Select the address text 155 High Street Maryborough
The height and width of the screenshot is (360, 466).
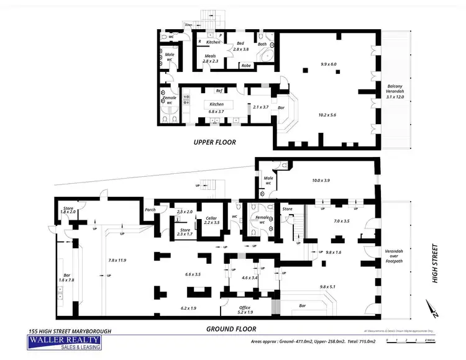pyautogui.click(x=70, y=331)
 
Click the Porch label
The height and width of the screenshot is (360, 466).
pyautogui.click(x=150, y=209)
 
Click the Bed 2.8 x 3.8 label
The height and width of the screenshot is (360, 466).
pyautogui.click(x=240, y=46)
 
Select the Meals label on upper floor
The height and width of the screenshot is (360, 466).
pyautogui.click(x=209, y=56)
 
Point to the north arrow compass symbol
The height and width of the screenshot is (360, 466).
pyautogui.click(x=432, y=308)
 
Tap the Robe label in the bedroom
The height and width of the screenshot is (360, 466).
pyautogui.click(x=246, y=65)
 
